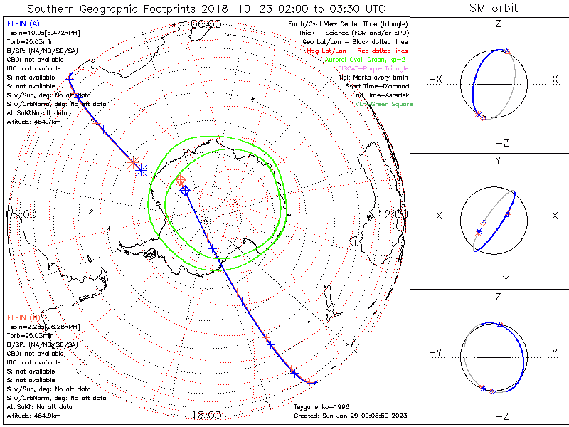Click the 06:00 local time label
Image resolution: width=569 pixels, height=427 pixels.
click(x=206, y=23)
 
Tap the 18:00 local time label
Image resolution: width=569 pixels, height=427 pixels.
click(x=206, y=414)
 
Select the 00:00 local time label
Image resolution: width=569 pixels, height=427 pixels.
click(x=21, y=213)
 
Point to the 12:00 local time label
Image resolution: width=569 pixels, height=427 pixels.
click(x=393, y=213)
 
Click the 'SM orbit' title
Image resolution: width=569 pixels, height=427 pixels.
click(x=494, y=9)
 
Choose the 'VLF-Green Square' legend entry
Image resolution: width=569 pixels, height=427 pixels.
click(x=383, y=104)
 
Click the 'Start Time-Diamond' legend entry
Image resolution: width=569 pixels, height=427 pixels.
click(x=377, y=86)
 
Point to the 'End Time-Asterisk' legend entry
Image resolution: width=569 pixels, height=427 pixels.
click(x=378, y=95)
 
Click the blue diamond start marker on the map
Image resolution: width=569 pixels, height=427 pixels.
click(x=185, y=191)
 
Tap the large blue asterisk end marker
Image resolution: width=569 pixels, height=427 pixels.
click(x=141, y=170)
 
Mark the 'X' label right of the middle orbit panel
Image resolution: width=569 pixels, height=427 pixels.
click(x=554, y=216)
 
